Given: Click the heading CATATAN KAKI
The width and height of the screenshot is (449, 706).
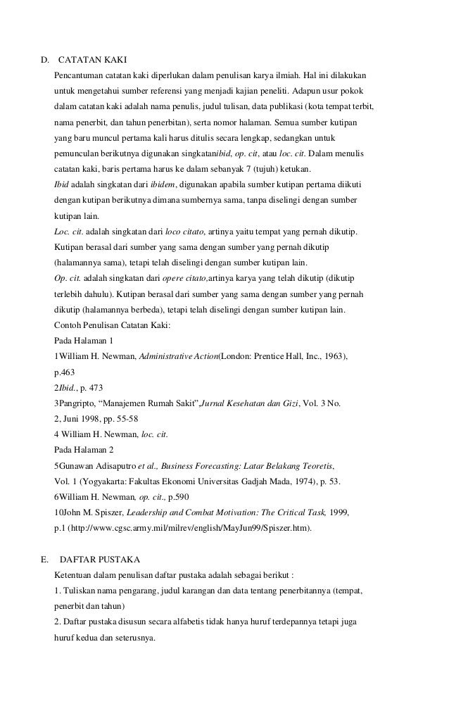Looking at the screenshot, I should click(x=92, y=58).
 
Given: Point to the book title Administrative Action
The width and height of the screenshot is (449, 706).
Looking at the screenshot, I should click(x=178, y=357).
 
